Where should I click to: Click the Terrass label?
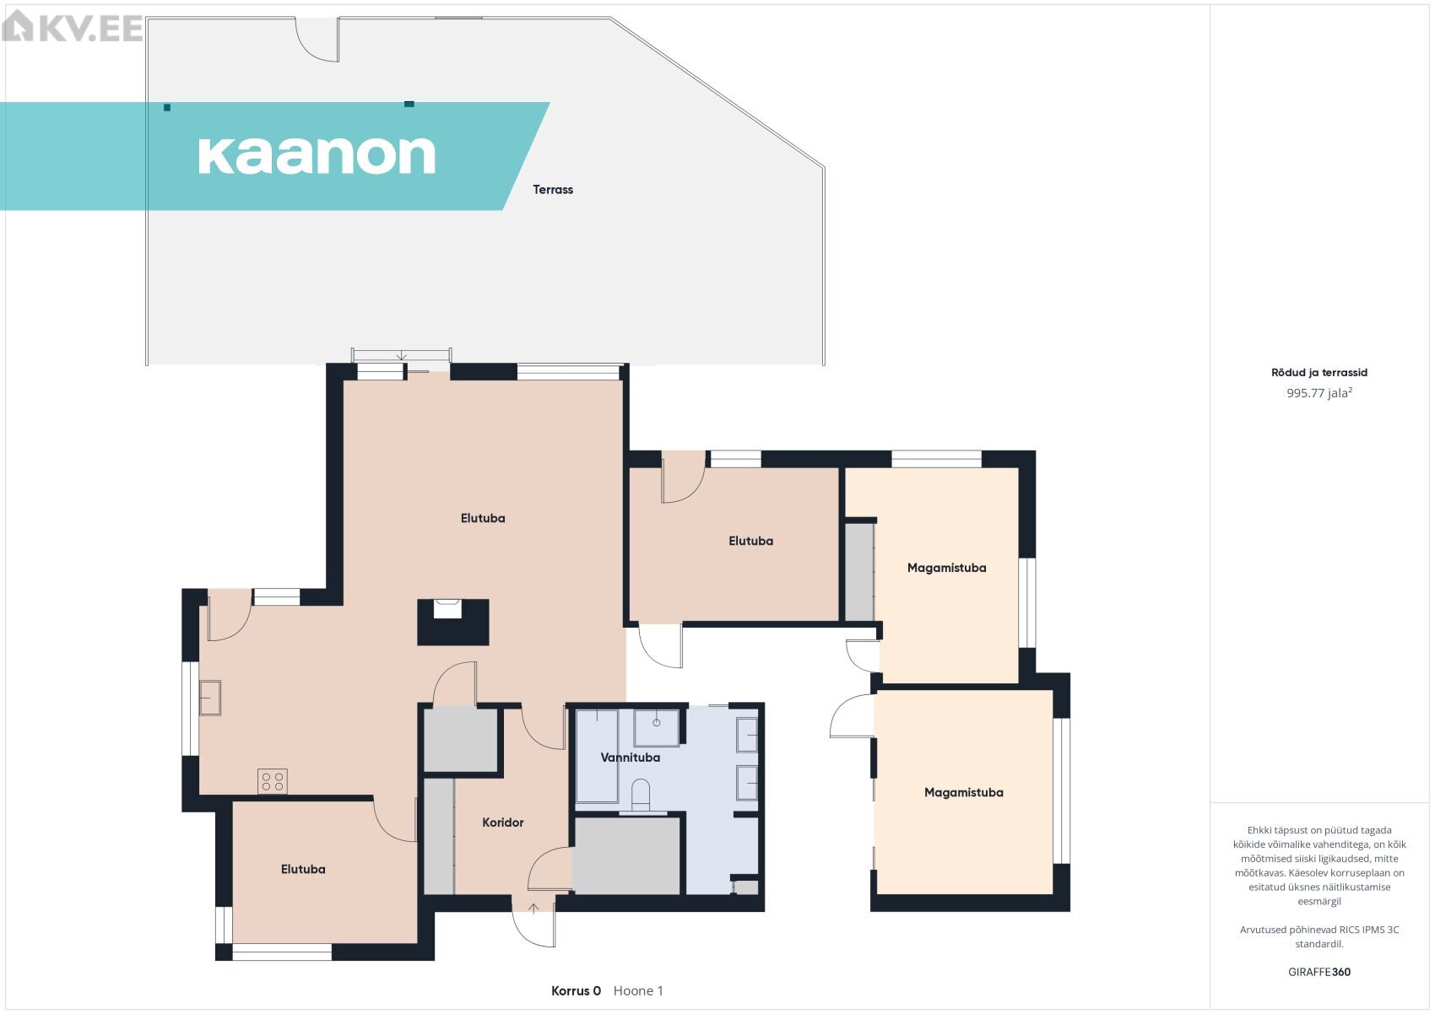pyautogui.click(x=553, y=190)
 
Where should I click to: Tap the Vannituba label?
pyautogui.click(x=630, y=758)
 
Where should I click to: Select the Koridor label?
pyautogui.click(x=503, y=823)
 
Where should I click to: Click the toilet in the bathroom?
pyautogui.click(x=641, y=795)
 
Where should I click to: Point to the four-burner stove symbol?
pyautogui.click(x=273, y=781)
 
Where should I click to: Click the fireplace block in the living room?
pyautogui.click(x=453, y=622)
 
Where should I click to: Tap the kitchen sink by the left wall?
pyautogui.click(x=210, y=697)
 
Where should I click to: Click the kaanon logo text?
pyautogui.click(x=317, y=155)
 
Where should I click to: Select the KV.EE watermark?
pyautogui.click(x=72, y=27)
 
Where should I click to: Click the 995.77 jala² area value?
pyautogui.click(x=1319, y=392)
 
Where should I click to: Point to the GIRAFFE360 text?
pyautogui.click(x=1319, y=972)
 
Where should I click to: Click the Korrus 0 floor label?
pyautogui.click(x=576, y=991)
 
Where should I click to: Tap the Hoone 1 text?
pyautogui.click(x=638, y=991)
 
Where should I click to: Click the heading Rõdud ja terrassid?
pyautogui.click(x=1319, y=373)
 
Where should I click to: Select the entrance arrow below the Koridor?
pyautogui.click(x=533, y=909)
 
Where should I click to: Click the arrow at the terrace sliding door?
pyautogui.click(x=401, y=356)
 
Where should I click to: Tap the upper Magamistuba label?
pyautogui.click(x=946, y=568)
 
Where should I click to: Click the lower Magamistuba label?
pyautogui.click(x=963, y=792)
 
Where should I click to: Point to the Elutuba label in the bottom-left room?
pyautogui.click(x=303, y=870)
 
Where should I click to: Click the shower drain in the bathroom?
pyautogui.click(x=657, y=723)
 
